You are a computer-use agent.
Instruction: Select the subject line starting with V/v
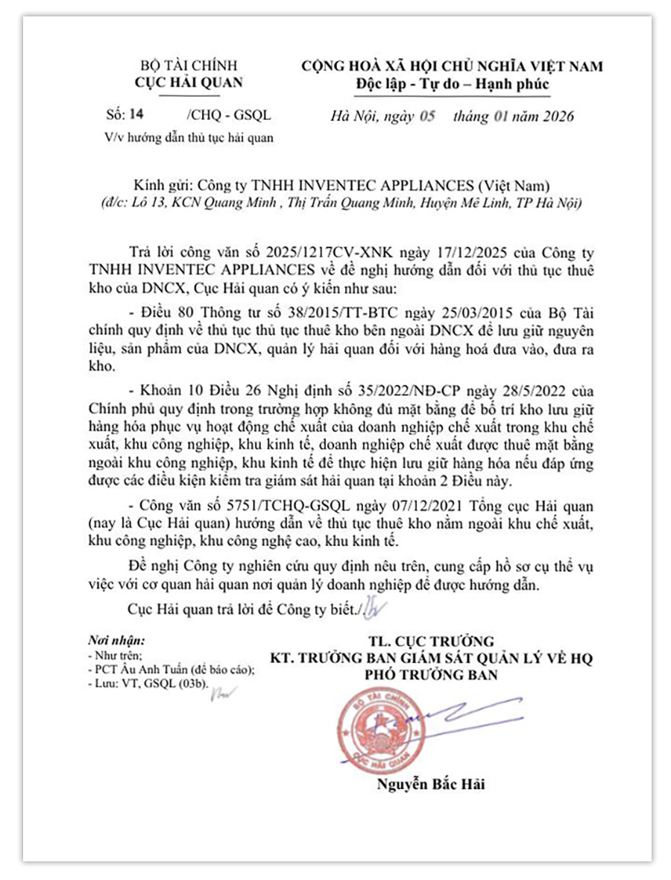tap(189, 137)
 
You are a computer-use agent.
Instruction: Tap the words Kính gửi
tap(163, 185)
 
